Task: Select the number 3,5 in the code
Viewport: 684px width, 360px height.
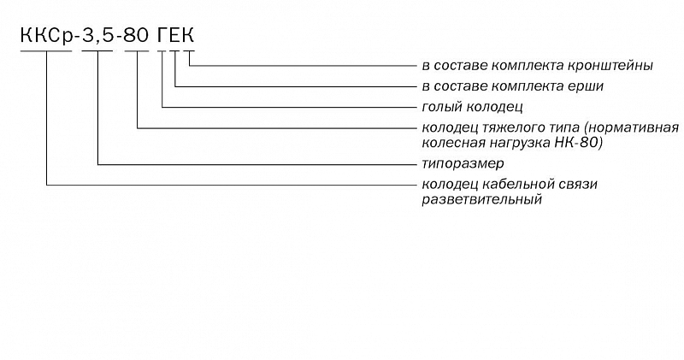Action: pos(98,36)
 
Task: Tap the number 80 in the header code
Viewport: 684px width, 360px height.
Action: pos(137,35)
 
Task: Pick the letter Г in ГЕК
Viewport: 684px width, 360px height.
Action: pos(162,35)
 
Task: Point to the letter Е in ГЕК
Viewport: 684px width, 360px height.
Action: pos(174,35)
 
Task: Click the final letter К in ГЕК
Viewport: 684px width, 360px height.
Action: pos(188,35)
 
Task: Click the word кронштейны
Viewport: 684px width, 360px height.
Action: pos(611,66)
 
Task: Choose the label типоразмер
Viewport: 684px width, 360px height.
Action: pos(463,164)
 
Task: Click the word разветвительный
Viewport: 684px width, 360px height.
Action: pos(481,200)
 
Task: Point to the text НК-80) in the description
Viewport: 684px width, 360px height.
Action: pos(579,143)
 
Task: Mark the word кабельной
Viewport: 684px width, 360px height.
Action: pos(518,184)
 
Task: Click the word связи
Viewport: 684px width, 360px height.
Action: pos(578,185)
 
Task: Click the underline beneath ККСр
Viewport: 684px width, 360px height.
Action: pos(46,51)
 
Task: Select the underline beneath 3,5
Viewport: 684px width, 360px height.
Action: pos(97,51)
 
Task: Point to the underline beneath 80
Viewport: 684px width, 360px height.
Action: pos(137,51)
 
